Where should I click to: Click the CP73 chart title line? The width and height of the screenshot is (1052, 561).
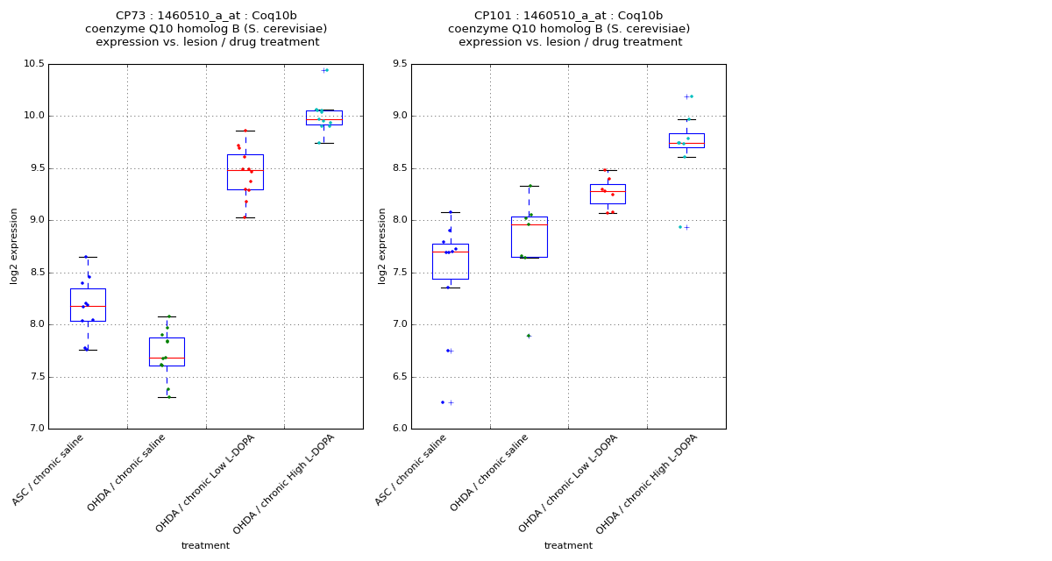click(x=206, y=16)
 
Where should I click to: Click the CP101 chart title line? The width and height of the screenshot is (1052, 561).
click(x=568, y=16)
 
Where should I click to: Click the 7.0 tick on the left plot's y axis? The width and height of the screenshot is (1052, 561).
click(x=36, y=429)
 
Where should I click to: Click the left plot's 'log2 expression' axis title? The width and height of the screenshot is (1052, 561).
click(x=14, y=245)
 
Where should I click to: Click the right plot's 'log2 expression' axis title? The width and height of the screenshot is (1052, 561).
click(x=382, y=245)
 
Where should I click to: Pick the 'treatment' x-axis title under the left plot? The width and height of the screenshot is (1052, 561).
click(x=205, y=545)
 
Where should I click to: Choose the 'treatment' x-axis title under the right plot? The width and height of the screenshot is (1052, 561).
click(x=568, y=545)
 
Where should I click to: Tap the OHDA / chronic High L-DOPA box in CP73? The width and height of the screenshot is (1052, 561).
click(x=324, y=117)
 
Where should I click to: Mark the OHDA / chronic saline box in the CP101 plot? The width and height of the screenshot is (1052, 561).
click(x=530, y=237)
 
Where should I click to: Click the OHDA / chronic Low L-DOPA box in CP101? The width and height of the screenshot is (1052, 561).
click(x=608, y=194)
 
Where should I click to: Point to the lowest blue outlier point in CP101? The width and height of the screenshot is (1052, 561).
click(x=443, y=402)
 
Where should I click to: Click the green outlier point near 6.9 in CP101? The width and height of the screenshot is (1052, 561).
click(x=528, y=336)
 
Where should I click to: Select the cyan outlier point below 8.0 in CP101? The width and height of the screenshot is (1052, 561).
click(x=679, y=227)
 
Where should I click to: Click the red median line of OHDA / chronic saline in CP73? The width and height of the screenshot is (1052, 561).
click(x=167, y=358)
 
